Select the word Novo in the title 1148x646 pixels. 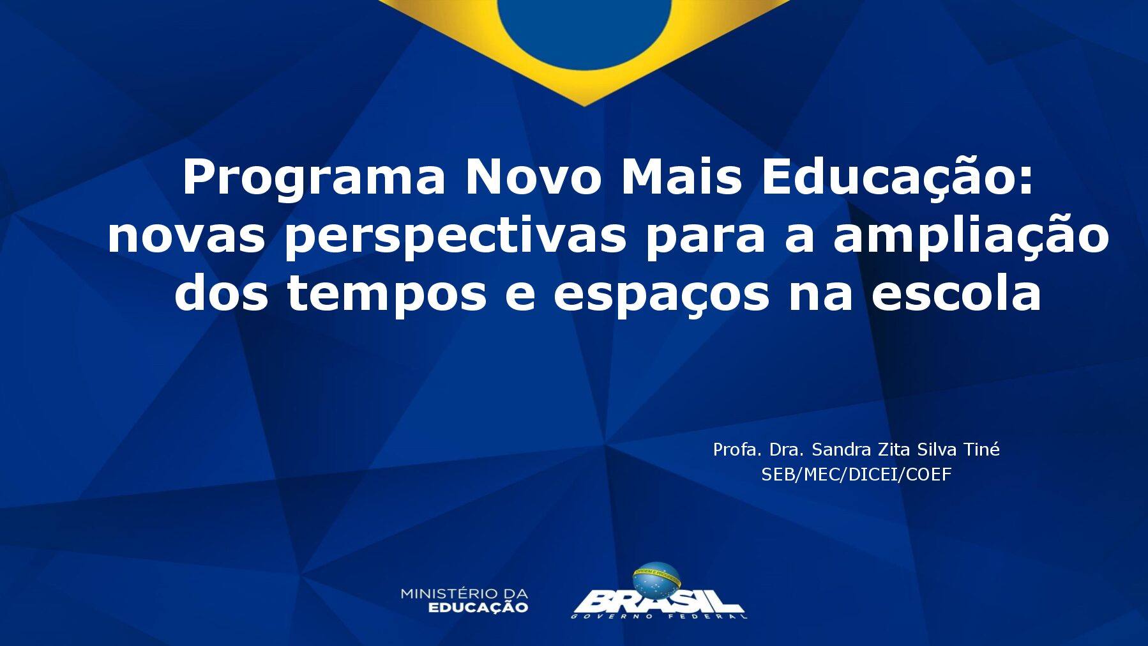533,178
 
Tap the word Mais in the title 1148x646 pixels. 681,178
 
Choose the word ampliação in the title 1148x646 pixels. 971,238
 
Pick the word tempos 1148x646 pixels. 387,296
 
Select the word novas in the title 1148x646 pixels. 186,236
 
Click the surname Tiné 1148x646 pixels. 981,450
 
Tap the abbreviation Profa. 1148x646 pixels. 738,450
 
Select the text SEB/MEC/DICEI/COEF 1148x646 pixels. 856,474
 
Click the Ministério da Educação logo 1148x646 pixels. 464,601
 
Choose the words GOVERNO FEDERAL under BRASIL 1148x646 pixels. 659,617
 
